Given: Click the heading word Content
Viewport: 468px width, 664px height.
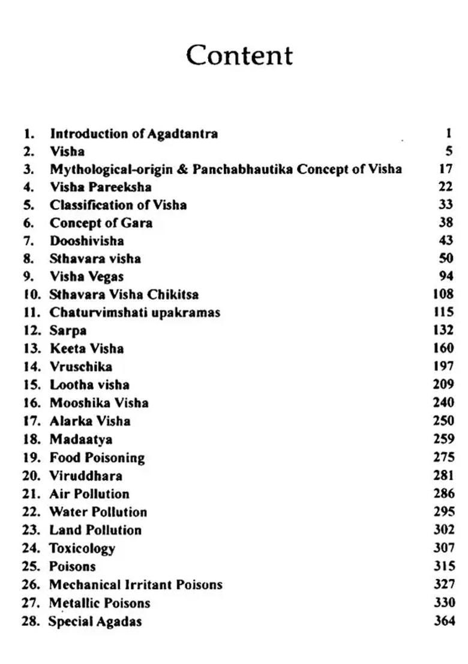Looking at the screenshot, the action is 239,55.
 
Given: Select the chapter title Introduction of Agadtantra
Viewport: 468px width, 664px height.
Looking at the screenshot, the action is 133,133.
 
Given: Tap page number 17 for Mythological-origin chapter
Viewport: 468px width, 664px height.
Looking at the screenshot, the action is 445,169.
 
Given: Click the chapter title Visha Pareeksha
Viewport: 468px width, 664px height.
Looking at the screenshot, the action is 100,187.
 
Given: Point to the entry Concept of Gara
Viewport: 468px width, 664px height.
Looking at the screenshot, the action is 101,223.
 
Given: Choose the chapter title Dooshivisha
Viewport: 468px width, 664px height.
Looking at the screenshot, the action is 86,241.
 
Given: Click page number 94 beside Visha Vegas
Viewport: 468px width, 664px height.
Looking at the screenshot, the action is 445,277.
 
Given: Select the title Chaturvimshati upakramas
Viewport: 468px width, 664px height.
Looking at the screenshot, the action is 134,313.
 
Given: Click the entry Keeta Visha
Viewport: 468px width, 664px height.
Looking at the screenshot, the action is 86,349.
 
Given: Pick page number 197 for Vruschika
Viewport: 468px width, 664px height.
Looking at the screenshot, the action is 443,367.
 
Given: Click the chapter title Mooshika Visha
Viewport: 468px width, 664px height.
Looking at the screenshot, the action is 98,403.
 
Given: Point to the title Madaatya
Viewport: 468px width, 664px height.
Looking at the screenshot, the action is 80,439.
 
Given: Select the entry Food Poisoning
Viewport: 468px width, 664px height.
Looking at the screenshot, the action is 97,458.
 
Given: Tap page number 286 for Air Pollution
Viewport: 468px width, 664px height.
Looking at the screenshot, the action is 443,494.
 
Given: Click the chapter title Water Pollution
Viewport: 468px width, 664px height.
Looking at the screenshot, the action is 98,512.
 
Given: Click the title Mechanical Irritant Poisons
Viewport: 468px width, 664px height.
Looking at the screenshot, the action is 135,584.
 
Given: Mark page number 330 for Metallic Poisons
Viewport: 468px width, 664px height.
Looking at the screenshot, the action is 443,603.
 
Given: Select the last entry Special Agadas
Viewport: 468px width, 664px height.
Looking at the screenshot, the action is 95,621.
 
